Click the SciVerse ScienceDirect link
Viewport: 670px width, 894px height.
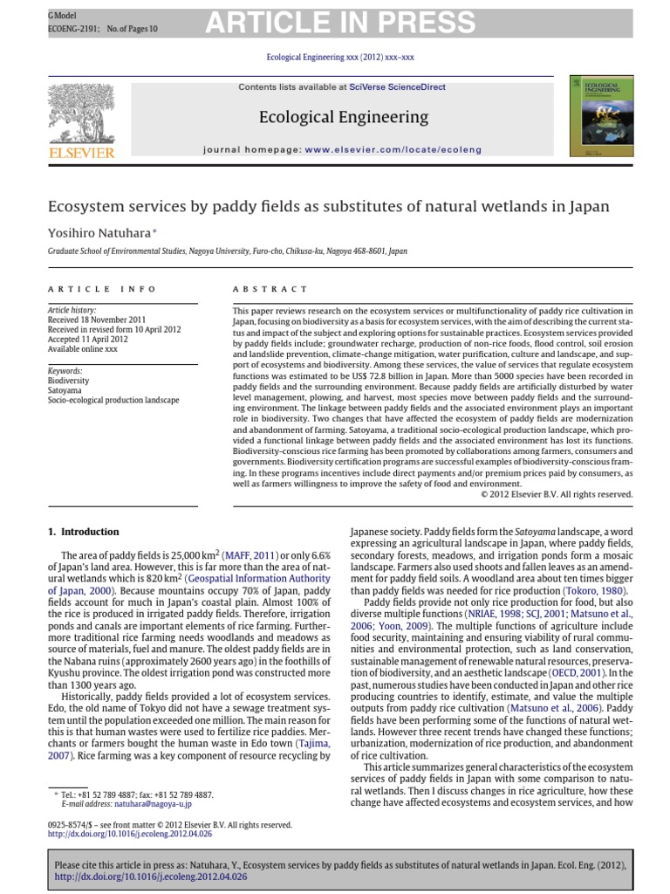(398, 87)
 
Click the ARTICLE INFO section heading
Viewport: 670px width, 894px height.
(102, 289)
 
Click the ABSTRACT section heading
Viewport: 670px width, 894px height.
(270, 289)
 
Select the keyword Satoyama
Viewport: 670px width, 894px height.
(66, 390)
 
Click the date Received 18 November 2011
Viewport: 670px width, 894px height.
(97, 320)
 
